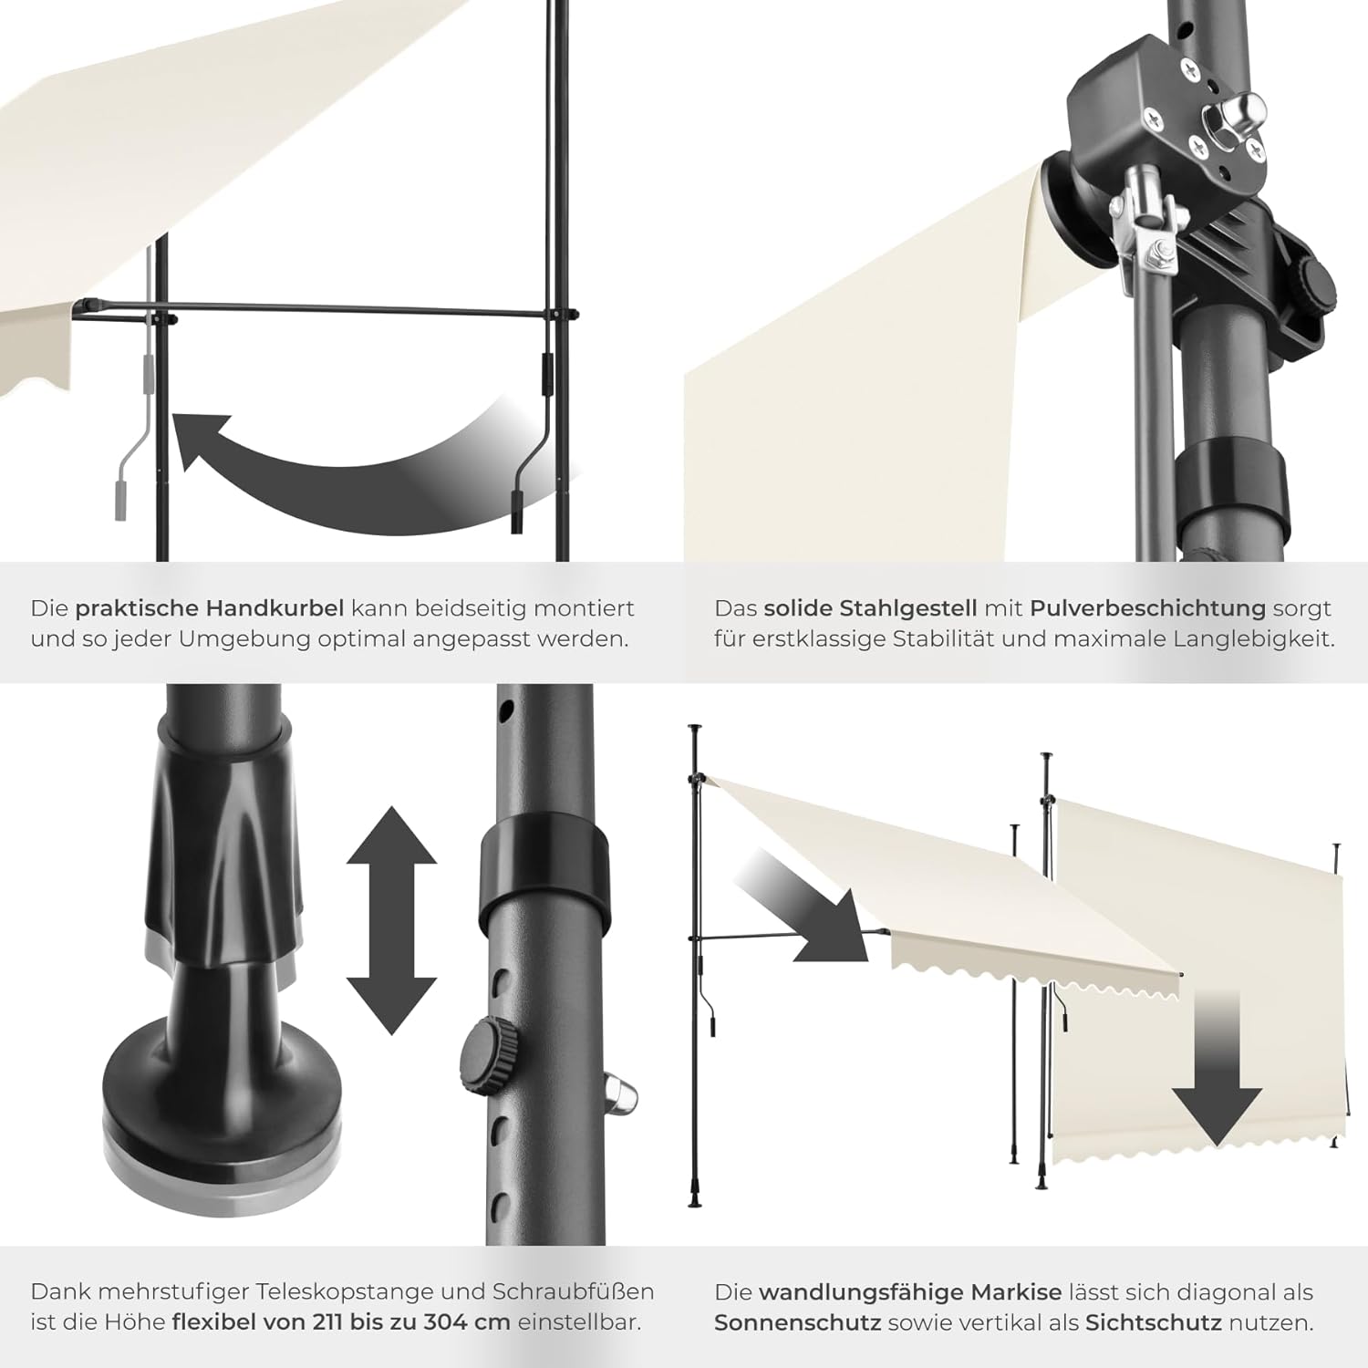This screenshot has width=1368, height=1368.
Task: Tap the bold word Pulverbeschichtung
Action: pos(1147,608)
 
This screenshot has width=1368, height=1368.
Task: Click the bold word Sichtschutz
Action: pos(1153,1322)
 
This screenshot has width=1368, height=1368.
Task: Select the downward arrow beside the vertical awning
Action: pos(1217,1076)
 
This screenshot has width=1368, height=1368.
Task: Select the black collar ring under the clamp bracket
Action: pos(1229,492)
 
